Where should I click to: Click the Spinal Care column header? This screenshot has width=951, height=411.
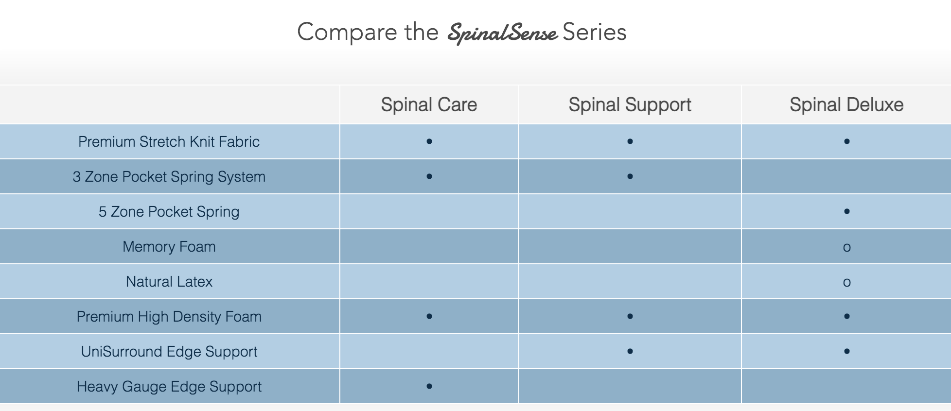pyautogui.click(x=429, y=104)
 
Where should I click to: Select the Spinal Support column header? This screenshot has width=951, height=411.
pyautogui.click(x=630, y=105)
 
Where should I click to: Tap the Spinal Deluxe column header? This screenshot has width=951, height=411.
pyautogui.click(x=846, y=104)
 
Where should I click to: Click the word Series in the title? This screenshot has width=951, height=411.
pyautogui.click(x=594, y=32)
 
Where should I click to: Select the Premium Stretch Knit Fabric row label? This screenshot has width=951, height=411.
pyautogui.click(x=169, y=141)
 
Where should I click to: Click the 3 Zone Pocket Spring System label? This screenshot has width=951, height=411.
pyautogui.click(x=169, y=176)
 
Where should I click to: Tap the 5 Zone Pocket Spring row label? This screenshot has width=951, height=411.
pyautogui.click(x=169, y=211)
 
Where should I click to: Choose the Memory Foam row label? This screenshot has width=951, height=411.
pyautogui.click(x=169, y=246)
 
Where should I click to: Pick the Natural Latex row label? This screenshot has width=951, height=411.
pyautogui.click(x=169, y=281)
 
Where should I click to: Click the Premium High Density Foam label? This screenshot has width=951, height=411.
pyautogui.click(x=169, y=316)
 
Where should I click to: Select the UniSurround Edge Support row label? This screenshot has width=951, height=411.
pyautogui.click(x=169, y=351)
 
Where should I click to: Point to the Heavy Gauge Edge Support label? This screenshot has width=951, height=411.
pyautogui.click(x=169, y=386)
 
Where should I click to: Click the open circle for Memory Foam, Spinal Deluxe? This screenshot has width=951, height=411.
pyautogui.click(x=846, y=248)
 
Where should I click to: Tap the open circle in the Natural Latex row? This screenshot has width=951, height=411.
pyautogui.click(x=846, y=283)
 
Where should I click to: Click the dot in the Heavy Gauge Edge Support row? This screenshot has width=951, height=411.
pyautogui.click(x=429, y=386)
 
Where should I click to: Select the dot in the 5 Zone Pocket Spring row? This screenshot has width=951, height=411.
pyautogui.click(x=846, y=211)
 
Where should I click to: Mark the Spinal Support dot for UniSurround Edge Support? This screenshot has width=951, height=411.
pyautogui.click(x=630, y=351)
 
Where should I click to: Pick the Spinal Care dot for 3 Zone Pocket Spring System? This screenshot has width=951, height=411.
pyautogui.click(x=429, y=176)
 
